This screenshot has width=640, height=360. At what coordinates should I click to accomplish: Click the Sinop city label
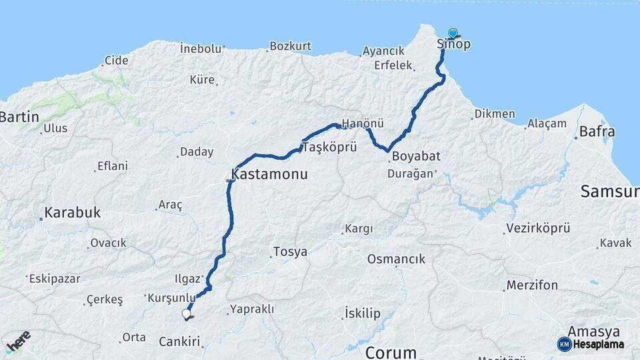coord(453,45)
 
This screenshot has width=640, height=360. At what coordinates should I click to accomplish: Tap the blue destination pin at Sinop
coord(453,33)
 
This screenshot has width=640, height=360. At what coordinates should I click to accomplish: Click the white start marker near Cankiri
coord(187,314)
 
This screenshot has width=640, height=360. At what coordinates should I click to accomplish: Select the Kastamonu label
coord(269,175)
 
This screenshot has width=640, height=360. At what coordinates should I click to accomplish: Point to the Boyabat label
coord(416,157)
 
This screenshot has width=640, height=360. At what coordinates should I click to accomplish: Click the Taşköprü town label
coord(330,147)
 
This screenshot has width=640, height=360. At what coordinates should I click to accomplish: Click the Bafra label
coord(597,131)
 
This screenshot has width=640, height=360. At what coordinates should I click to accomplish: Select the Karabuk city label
coord(73,213)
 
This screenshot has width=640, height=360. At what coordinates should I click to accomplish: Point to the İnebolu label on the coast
coord(200,48)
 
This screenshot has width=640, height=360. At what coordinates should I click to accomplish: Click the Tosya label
coord(291,252)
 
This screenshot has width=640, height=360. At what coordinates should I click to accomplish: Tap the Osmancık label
coord(396,259)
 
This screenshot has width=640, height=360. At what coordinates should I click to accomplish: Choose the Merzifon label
coord(532,285)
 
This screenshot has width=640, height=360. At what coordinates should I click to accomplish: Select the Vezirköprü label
coord(538,228)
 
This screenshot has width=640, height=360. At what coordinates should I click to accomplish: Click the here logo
coord(18,341)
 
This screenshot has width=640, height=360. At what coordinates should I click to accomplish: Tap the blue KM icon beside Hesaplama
coord(564,344)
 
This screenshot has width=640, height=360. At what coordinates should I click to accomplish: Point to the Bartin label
coord(19,117)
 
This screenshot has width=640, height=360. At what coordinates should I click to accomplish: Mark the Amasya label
coord(593,331)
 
